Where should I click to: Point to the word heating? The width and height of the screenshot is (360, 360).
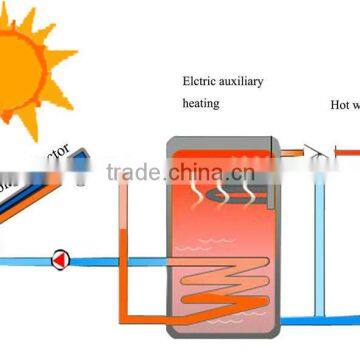click(x=200, y=102)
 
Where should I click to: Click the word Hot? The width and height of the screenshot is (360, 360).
click(x=340, y=102)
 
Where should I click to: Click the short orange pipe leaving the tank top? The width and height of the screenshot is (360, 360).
click(x=290, y=153)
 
